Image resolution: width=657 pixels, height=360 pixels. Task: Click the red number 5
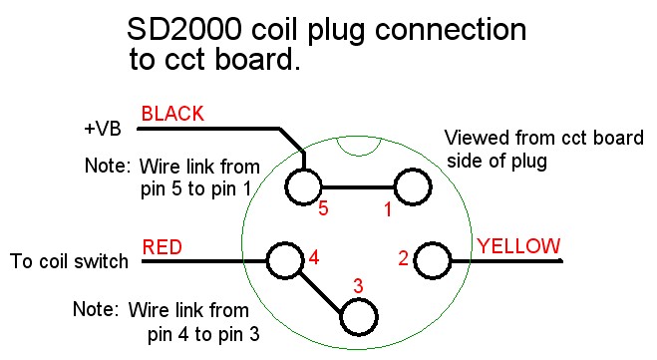[323, 208]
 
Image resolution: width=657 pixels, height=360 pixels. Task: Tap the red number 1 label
[388, 209]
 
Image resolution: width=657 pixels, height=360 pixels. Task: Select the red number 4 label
[314, 257]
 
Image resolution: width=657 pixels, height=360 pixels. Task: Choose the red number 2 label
[403, 258]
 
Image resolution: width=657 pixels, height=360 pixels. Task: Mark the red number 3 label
[358, 286]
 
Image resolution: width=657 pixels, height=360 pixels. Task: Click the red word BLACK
[172, 114]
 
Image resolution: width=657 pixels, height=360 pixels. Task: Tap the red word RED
[163, 247]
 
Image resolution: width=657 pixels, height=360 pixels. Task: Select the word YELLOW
[518, 246]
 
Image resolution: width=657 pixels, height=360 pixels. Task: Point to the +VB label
[103, 129]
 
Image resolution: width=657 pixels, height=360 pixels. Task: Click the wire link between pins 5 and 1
[358, 186]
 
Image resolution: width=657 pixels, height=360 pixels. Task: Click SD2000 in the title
[184, 29]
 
